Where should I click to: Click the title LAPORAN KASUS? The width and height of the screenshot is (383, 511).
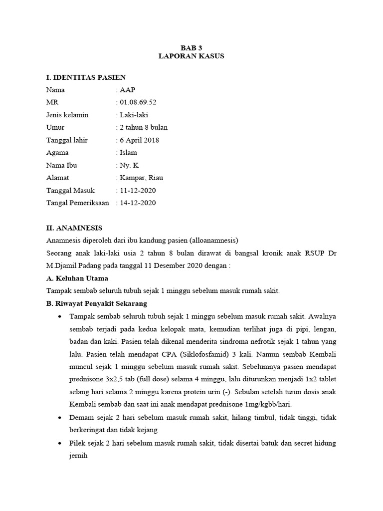pos(191,56)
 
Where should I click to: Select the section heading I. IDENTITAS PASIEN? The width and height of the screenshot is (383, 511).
pos(86,77)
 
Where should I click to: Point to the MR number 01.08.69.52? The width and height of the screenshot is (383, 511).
pos(138,103)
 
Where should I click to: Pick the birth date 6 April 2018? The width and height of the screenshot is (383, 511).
pos(139,140)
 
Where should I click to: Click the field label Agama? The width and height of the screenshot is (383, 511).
pos(57,153)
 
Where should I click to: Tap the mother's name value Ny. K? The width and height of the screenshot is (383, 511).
pos(129,165)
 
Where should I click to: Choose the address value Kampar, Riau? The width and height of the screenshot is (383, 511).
pos(141,178)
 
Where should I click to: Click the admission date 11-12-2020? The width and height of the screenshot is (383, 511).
pos(137,190)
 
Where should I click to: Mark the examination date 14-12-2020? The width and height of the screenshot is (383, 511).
pos(137,203)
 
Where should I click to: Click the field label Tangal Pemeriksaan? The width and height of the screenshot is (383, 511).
pos(77,203)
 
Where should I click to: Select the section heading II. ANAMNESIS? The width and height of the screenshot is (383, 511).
pos(74,228)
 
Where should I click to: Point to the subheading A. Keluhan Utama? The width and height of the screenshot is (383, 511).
pos(77,278)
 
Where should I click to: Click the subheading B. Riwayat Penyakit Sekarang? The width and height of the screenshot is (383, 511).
pos(97,303)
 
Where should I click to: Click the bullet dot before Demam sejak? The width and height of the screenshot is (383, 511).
pos(60,417)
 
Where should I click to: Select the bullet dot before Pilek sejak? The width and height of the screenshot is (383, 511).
pos(60,443)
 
